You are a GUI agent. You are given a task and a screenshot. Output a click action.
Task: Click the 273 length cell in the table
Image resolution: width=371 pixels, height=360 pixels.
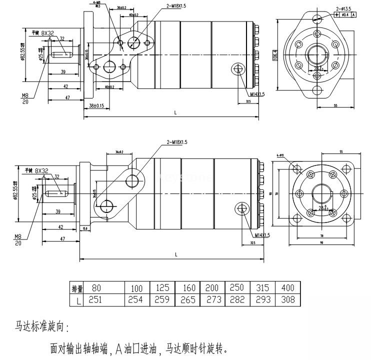tap(212, 299)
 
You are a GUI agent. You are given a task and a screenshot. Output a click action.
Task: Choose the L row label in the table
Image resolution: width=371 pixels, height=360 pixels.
tap(77, 299)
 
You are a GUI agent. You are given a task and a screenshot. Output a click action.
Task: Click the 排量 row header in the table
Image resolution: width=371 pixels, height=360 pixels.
tap(77, 288)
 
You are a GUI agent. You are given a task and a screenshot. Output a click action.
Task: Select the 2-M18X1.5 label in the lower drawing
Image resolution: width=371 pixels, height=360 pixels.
tap(176, 142)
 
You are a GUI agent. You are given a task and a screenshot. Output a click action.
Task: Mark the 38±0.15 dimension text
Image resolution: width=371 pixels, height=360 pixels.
tap(96, 105)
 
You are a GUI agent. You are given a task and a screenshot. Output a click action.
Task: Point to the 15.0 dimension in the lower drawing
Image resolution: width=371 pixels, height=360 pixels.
tap(85, 228)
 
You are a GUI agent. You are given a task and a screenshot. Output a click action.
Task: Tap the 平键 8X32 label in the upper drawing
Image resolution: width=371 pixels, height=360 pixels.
tap(42, 33)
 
